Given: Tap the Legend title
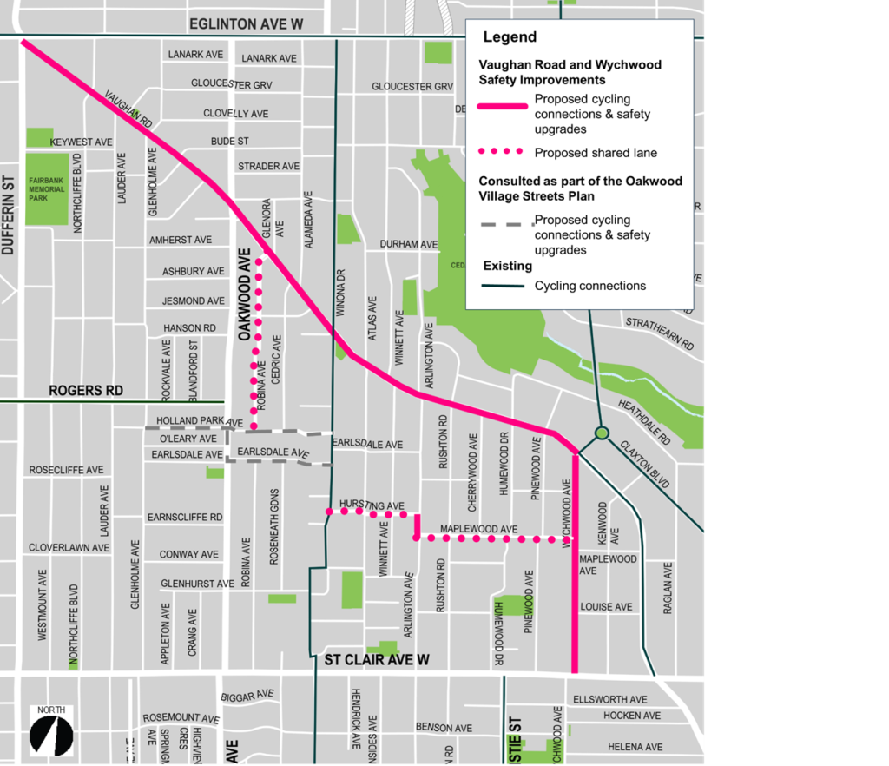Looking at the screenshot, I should point(510,37).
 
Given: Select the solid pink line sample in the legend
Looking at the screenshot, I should point(503,106).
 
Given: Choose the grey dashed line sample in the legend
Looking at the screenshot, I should point(502,225).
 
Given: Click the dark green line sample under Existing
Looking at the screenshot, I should point(502,286).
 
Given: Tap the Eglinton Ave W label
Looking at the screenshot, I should point(246,24).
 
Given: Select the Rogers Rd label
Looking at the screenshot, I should point(86,391).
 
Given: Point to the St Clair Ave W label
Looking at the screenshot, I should point(377,661).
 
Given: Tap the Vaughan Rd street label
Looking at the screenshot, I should point(128,109).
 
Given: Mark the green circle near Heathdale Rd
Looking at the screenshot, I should point(601,433).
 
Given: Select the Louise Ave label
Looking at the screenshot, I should point(606,607).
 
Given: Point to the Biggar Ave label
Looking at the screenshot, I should point(247,697).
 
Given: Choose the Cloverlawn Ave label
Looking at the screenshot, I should point(69,548).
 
